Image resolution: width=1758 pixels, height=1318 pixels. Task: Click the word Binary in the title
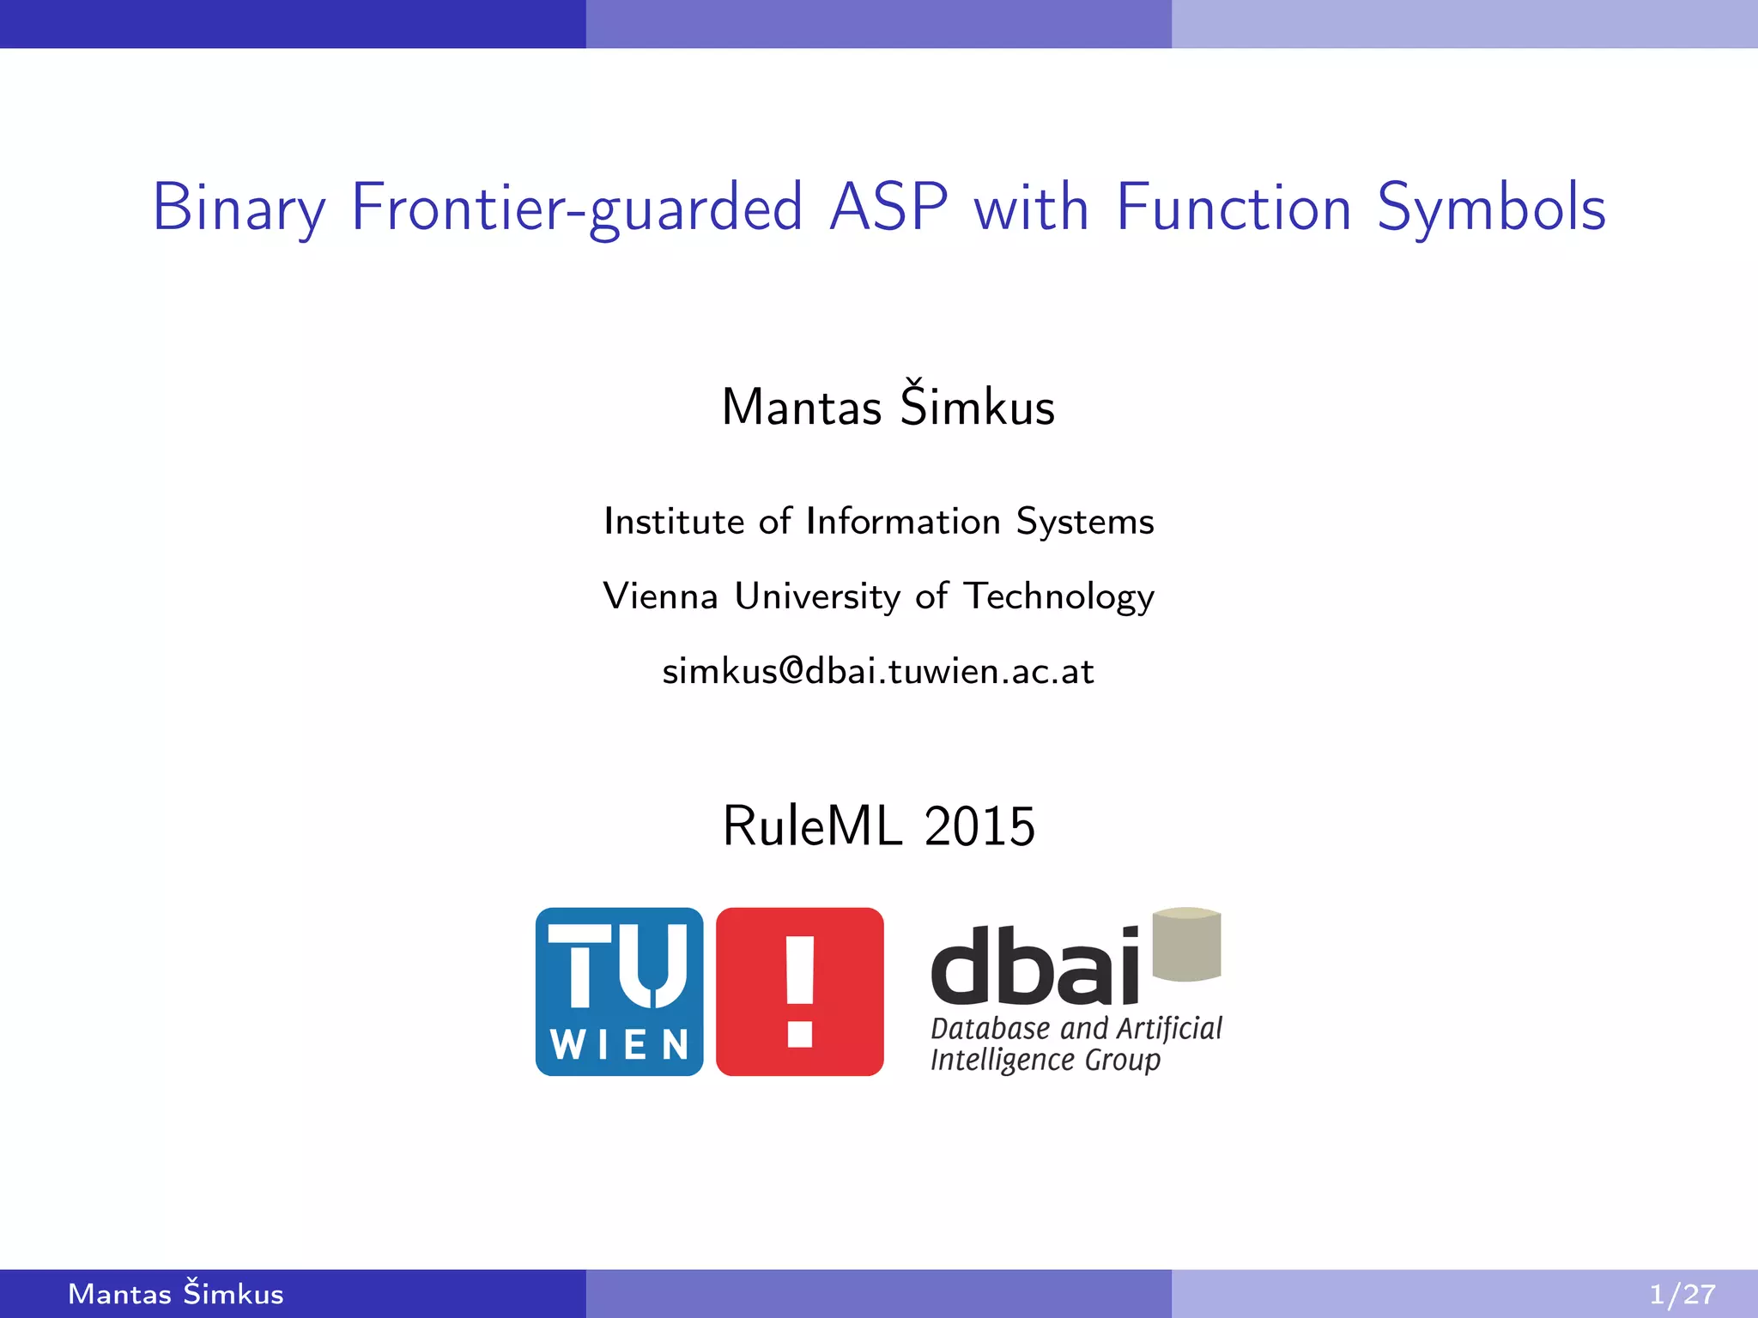239,209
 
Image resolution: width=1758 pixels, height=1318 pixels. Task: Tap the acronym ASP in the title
888,209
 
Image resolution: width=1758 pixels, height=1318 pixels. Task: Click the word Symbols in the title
1491,209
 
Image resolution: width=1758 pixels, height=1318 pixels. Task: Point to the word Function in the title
1234,209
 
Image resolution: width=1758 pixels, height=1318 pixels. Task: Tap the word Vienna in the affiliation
660,596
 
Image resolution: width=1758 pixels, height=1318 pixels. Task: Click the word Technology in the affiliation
1059,596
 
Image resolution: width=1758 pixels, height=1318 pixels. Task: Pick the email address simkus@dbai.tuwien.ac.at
878,671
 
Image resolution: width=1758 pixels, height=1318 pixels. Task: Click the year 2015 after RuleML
979,826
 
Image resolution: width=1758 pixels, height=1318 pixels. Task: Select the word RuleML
812,826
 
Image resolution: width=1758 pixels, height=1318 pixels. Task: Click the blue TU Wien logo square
619,991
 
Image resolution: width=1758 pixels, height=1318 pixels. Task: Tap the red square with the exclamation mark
799,991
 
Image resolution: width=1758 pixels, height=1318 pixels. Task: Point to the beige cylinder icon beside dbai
1186,944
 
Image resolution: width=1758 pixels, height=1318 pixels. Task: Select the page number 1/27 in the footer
1682,1294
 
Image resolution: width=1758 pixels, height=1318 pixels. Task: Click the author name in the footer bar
176,1294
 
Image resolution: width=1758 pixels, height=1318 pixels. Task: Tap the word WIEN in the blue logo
619,1045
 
